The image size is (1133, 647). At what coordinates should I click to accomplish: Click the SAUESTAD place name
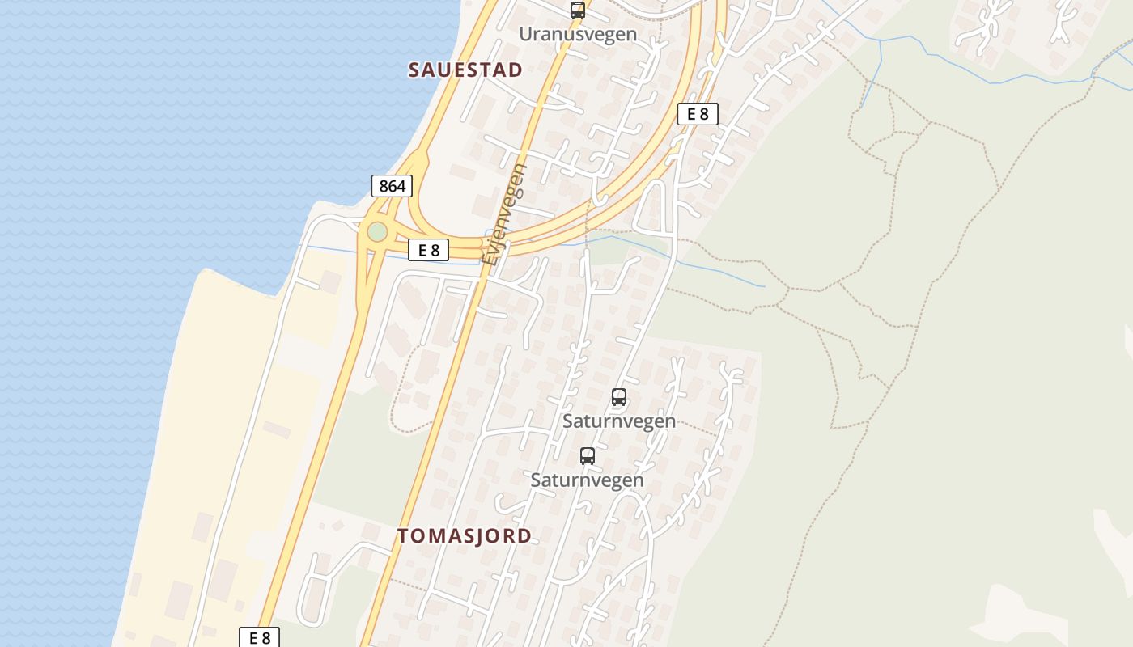[465, 70]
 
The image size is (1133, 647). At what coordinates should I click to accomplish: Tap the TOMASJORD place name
[465, 535]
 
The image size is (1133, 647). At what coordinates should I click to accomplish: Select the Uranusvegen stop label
[578, 34]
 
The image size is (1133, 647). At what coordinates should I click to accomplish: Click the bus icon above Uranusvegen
[577, 11]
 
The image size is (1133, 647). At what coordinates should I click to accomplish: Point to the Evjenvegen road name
[504, 214]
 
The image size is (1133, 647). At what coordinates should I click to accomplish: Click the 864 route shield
[392, 186]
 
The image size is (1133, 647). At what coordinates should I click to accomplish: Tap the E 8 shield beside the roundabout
[428, 250]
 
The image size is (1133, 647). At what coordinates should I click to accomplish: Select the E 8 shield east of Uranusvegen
[698, 114]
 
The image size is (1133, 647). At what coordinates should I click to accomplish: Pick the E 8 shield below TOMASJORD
[260, 637]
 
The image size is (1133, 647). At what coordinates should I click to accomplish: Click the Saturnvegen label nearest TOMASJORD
[587, 480]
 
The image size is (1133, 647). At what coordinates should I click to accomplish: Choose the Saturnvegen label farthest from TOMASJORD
[619, 421]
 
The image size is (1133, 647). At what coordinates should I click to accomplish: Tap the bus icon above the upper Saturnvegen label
[619, 397]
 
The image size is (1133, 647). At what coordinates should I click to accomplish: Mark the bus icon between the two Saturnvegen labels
[588, 455]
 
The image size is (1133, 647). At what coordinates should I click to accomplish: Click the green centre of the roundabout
[377, 232]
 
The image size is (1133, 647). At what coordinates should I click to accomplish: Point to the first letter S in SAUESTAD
[414, 70]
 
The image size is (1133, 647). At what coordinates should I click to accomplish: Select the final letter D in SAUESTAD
[516, 70]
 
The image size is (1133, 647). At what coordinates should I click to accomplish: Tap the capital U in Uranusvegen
[525, 34]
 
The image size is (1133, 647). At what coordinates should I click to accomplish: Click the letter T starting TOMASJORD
[403, 535]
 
